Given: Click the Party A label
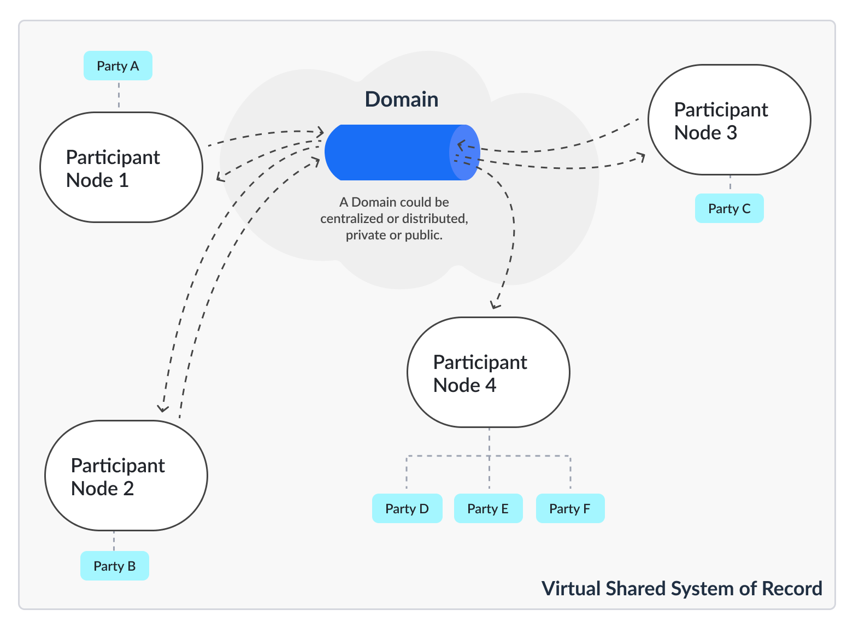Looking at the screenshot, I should pos(118,66).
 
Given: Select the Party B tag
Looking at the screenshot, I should pos(115,566).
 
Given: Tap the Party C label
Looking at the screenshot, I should pos(729,209).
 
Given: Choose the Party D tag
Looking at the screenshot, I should pos(407,509).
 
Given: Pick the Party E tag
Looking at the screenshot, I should pos(488,509).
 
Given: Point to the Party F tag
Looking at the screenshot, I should pos(570,509).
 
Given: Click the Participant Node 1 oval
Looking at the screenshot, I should pos(121,168).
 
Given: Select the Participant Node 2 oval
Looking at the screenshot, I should pos(126,476).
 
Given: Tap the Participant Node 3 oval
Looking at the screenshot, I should pos(729,120).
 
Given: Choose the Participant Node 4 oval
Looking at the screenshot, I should pos(489,373).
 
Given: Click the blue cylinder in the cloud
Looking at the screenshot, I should pos(393,153).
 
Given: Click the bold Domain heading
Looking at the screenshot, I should pos(402,99).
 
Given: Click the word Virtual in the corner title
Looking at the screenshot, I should pos(566,589).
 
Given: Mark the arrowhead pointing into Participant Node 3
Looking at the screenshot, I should pos(642,157).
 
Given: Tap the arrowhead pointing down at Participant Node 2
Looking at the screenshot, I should pos(162,408).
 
